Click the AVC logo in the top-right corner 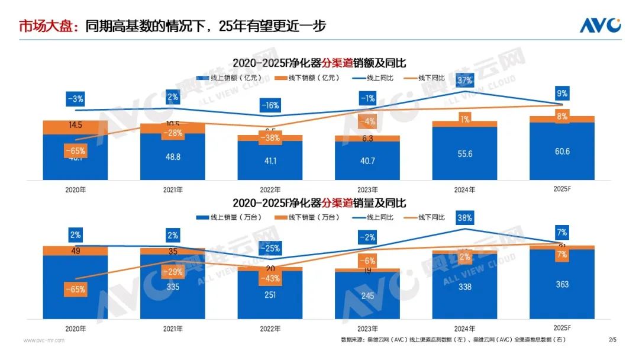point(600,26)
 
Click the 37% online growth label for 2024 point(464,81)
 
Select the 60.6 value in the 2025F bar point(562,152)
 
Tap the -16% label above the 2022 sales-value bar point(270,106)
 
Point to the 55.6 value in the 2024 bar point(464,153)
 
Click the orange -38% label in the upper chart point(270,138)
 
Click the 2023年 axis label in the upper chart point(367,189)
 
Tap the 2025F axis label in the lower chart point(562,328)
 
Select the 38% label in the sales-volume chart point(464,218)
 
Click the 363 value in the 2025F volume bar point(562,284)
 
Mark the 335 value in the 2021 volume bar point(173,287)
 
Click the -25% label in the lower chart point(270,249)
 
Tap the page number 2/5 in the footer point(612,340)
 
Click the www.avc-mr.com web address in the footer point(44,340)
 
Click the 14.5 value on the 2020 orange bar point(75,125)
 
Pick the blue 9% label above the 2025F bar point(562,93)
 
